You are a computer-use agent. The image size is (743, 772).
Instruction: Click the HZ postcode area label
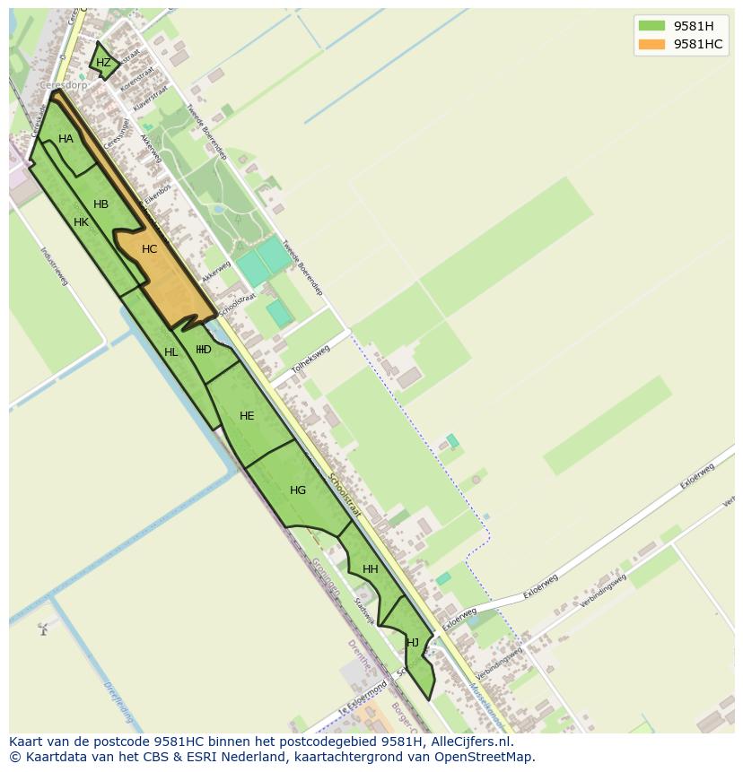[x=103, y=63]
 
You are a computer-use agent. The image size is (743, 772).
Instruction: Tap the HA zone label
[x=66, y=139]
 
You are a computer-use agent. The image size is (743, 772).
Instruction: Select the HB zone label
[x=101, y=204]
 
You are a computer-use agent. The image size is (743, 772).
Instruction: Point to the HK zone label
[x=81, y=222]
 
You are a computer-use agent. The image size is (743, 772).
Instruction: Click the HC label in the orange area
[x=149, y=249]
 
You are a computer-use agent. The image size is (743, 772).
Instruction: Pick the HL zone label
[x=170, y=352]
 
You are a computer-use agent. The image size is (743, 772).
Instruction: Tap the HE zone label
[x=247, y=416]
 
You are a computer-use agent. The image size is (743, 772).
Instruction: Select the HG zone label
[x=298, y=490]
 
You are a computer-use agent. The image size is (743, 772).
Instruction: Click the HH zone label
[x=370, y=569]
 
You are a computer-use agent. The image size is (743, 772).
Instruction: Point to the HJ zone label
[x=413, y=643]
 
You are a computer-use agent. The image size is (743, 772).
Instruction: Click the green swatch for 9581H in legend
[x=651, y=26]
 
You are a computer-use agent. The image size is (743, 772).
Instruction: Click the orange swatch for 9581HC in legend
[x=651, y=44]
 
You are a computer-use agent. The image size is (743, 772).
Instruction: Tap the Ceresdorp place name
[x=64, y=86]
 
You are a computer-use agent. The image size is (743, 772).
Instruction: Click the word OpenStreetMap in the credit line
[x=490, y=757]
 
